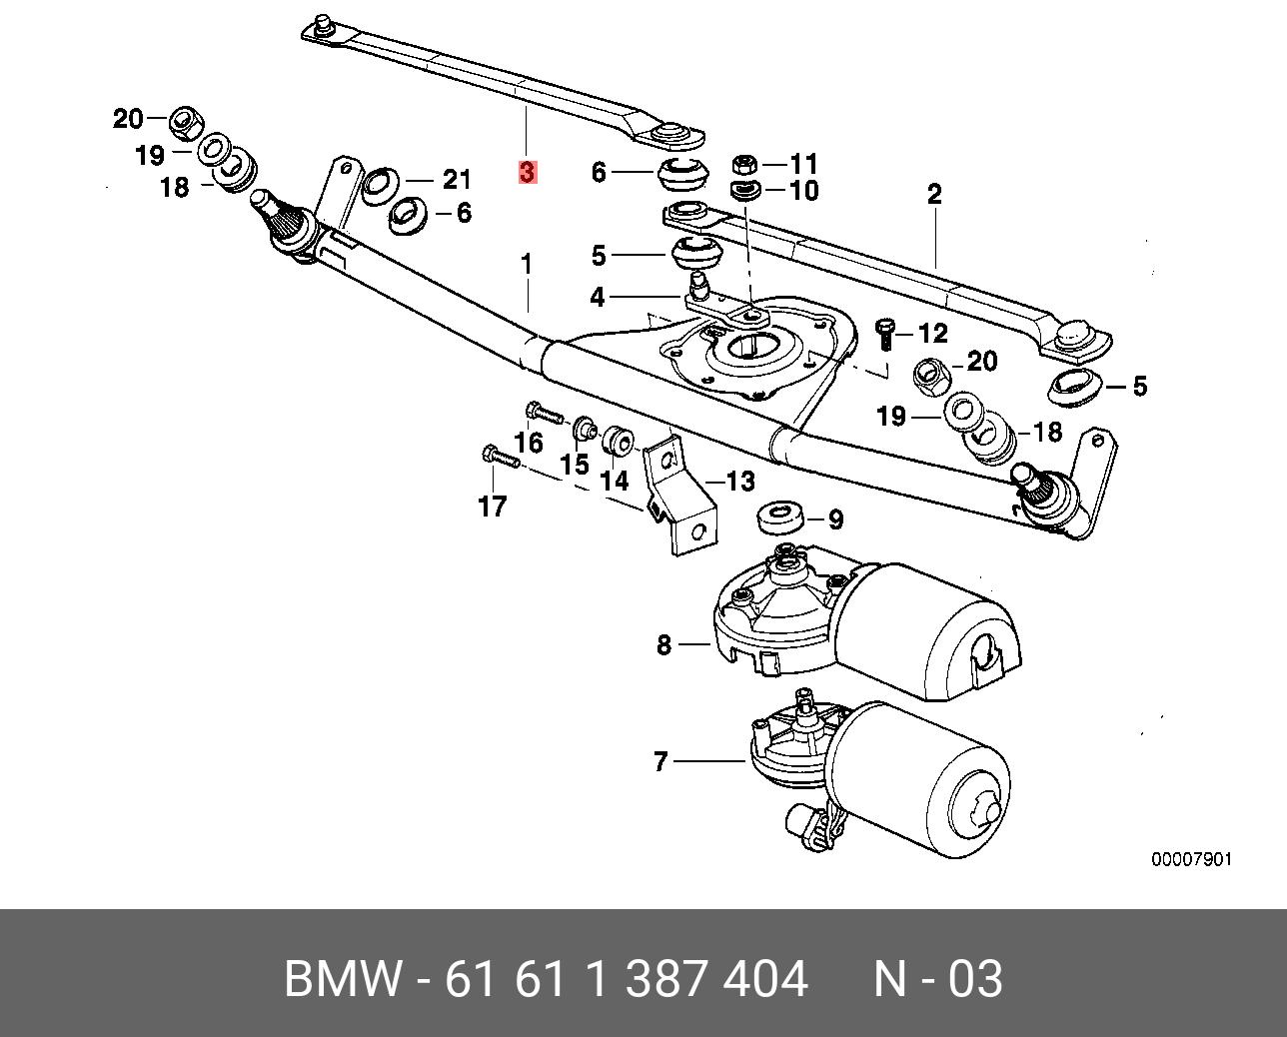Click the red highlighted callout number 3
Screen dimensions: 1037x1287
(528, 172)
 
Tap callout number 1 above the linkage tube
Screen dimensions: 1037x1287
(527, 266)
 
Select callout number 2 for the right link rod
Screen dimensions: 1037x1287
(934, 194)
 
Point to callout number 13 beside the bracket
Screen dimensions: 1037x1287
(739, 483)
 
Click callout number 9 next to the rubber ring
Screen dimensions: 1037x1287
(835, 519)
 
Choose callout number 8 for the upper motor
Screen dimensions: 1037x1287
(664, 645)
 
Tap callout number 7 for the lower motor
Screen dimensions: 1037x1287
(659, 762)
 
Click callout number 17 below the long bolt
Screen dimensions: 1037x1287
(493, 507)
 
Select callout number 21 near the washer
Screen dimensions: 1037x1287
(456, 180)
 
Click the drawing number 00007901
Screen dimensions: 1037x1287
(1192, 859)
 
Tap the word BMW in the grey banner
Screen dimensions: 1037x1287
(344, 979)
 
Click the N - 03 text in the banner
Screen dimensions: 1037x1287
(937, 979)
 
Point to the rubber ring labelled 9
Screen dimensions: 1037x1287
(781, 518)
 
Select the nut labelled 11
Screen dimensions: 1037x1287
(743, 163)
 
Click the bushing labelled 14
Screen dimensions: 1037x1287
(618, 438)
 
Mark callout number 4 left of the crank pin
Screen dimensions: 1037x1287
(598, 297)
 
